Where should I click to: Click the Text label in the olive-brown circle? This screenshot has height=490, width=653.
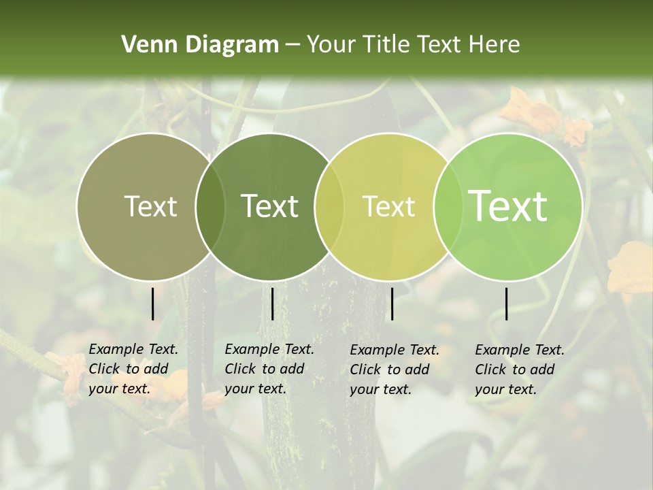(x=150, y=206)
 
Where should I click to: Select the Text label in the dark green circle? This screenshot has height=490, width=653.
(x=269, y=206)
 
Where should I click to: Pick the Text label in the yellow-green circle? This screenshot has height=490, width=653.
(x=388, y=206)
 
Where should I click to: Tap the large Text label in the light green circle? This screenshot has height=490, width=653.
(x=507, y=206)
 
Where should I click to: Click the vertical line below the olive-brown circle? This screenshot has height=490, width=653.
(x=153, y=304)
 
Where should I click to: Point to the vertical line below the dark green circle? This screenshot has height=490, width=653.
(x=272, y=304)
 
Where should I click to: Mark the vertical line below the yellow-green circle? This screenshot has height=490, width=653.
(x=392, y=304)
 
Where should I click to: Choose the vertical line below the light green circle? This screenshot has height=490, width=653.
(x=507, y=304)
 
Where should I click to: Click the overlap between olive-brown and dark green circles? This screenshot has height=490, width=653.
(x=210, y=206)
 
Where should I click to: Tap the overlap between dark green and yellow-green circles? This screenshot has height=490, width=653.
(x=329, y=206)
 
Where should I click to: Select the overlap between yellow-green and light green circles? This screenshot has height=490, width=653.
(x=448, y=206)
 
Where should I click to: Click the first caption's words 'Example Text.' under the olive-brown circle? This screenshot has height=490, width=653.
(x=133, y=349)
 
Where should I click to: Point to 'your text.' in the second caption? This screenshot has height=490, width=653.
(x=255, y=389)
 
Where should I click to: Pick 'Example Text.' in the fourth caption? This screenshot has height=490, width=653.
(x=520, y=350)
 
